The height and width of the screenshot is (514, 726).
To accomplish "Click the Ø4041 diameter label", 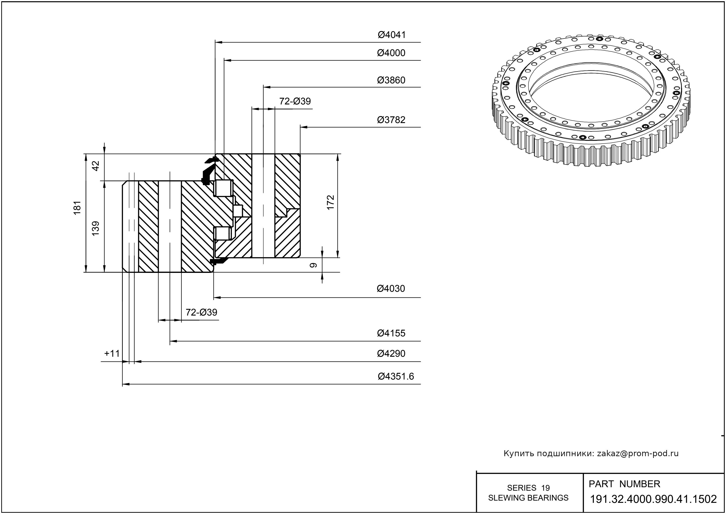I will (x=391, y=35).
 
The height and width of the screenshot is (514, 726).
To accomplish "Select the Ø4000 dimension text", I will (x=391, y=53).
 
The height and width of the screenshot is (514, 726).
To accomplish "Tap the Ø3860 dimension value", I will (x=391, y=80).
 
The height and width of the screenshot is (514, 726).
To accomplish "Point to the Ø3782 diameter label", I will (x=391, y=120).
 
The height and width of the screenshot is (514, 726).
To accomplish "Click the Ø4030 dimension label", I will (x=391, y=289).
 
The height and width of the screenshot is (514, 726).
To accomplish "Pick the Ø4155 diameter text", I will (x=391, y=333).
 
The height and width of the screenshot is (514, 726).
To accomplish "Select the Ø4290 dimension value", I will (x=391, y=353).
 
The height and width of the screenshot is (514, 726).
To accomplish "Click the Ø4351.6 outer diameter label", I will (x=396, y=376).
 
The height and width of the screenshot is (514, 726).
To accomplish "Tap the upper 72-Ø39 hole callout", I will (x=295, y=101).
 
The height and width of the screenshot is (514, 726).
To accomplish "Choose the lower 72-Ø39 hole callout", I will (x=201, y=312).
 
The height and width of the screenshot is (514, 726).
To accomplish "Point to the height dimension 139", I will (x=95, y=228).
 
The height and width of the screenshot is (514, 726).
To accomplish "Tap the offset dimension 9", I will (x=313, y=265).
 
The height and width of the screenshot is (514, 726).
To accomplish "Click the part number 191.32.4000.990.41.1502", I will (x=653, y=499).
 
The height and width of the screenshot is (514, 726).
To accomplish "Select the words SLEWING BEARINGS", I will (x=528, y=498).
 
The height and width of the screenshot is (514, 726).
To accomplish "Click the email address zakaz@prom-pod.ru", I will (x=638, y=453).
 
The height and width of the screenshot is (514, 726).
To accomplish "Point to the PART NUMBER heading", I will (x=624, y=484).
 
